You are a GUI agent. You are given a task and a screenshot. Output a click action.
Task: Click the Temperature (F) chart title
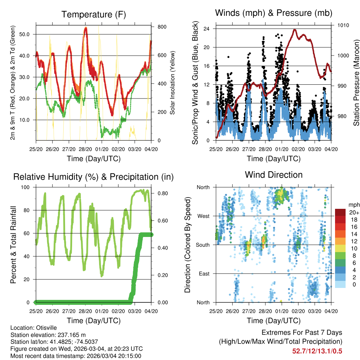click(x=94, y=14)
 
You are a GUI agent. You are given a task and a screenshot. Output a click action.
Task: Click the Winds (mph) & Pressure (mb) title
click(x=274, y=13)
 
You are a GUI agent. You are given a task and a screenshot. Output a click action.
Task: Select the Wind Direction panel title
click(x=274, y=175)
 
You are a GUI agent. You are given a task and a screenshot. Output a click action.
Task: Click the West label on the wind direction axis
click(x=203, y=216)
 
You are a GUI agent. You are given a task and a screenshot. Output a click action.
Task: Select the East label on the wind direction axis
click(x=204, y=274)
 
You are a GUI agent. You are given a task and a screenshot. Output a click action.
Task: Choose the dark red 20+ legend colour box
click(x=340, y=213)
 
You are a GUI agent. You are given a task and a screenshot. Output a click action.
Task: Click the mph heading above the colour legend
click(x=354, y=205)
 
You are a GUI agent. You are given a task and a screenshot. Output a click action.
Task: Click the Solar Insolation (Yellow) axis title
click(x=173, y=84)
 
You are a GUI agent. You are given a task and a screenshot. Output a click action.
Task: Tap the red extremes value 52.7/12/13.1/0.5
click(x=317, y=351)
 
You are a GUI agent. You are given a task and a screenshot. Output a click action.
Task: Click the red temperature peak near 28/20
click(x=85, y=28)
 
